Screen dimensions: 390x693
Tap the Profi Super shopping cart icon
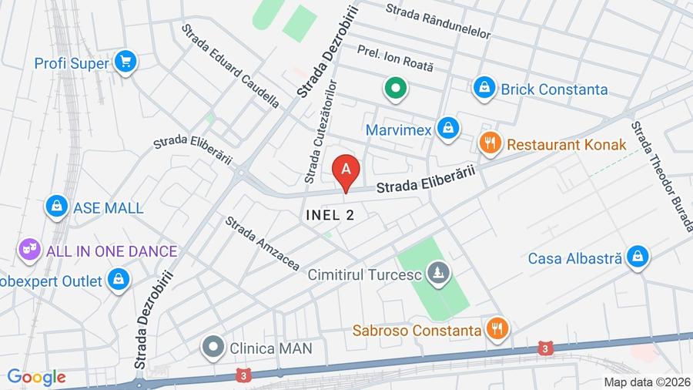[x=125, y=62]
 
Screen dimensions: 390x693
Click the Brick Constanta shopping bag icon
[x=484, y=89]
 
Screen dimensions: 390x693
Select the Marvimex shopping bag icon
[x=447, y=129]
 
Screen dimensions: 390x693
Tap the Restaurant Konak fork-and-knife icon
[x=490, y=143]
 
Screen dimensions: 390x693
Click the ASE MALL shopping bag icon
[x=56, y=207]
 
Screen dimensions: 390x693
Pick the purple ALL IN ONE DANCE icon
[x=29, y=250]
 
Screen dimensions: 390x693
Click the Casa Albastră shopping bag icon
[x=638, y=257]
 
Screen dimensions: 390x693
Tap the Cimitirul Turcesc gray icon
[x=439, y=274]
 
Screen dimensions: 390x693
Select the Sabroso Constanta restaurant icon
[x=497, y=330]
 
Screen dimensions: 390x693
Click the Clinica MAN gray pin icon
[x=213, y=348]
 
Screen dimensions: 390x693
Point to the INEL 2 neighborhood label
[x=330, y=215]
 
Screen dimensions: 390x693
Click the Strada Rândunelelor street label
[x=438, y=21]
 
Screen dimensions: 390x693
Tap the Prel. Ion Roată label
[x=396, y=59]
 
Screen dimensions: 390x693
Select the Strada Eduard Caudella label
[x=230, y=65]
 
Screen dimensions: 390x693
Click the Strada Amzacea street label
[x=262, y=243]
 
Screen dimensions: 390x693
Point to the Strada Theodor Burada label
[x=661, y=176]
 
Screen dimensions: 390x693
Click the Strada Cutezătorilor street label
[x=322, y=131]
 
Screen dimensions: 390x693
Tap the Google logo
[x=36, y=378]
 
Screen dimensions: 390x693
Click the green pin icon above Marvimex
[x=396, y=89]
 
